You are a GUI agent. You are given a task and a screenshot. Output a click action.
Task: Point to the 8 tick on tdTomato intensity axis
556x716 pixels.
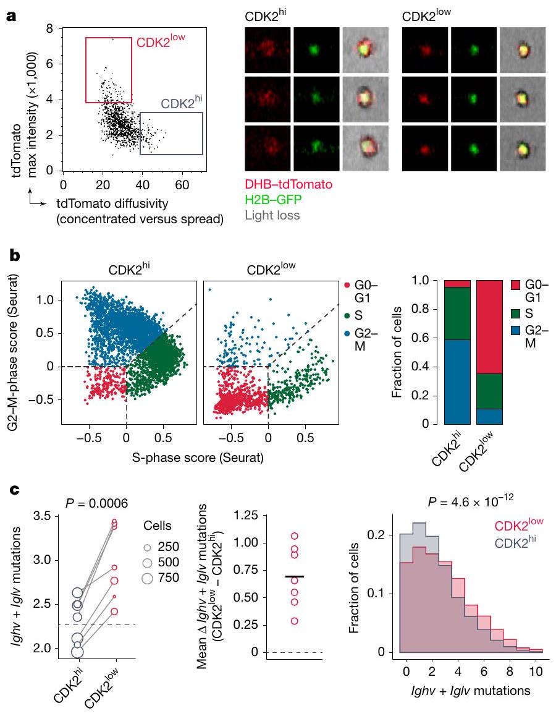pyautogui.click(x=51, y=29)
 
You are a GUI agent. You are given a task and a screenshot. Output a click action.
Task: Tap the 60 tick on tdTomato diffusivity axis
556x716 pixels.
pyautogui.click(x=182, y=184)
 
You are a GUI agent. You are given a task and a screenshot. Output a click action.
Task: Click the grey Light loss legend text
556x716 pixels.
pyautogui.click(x=272, y=216)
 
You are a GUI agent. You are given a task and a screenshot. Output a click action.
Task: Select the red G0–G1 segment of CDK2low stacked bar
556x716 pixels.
pyautogui.click(x=489, y=326)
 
